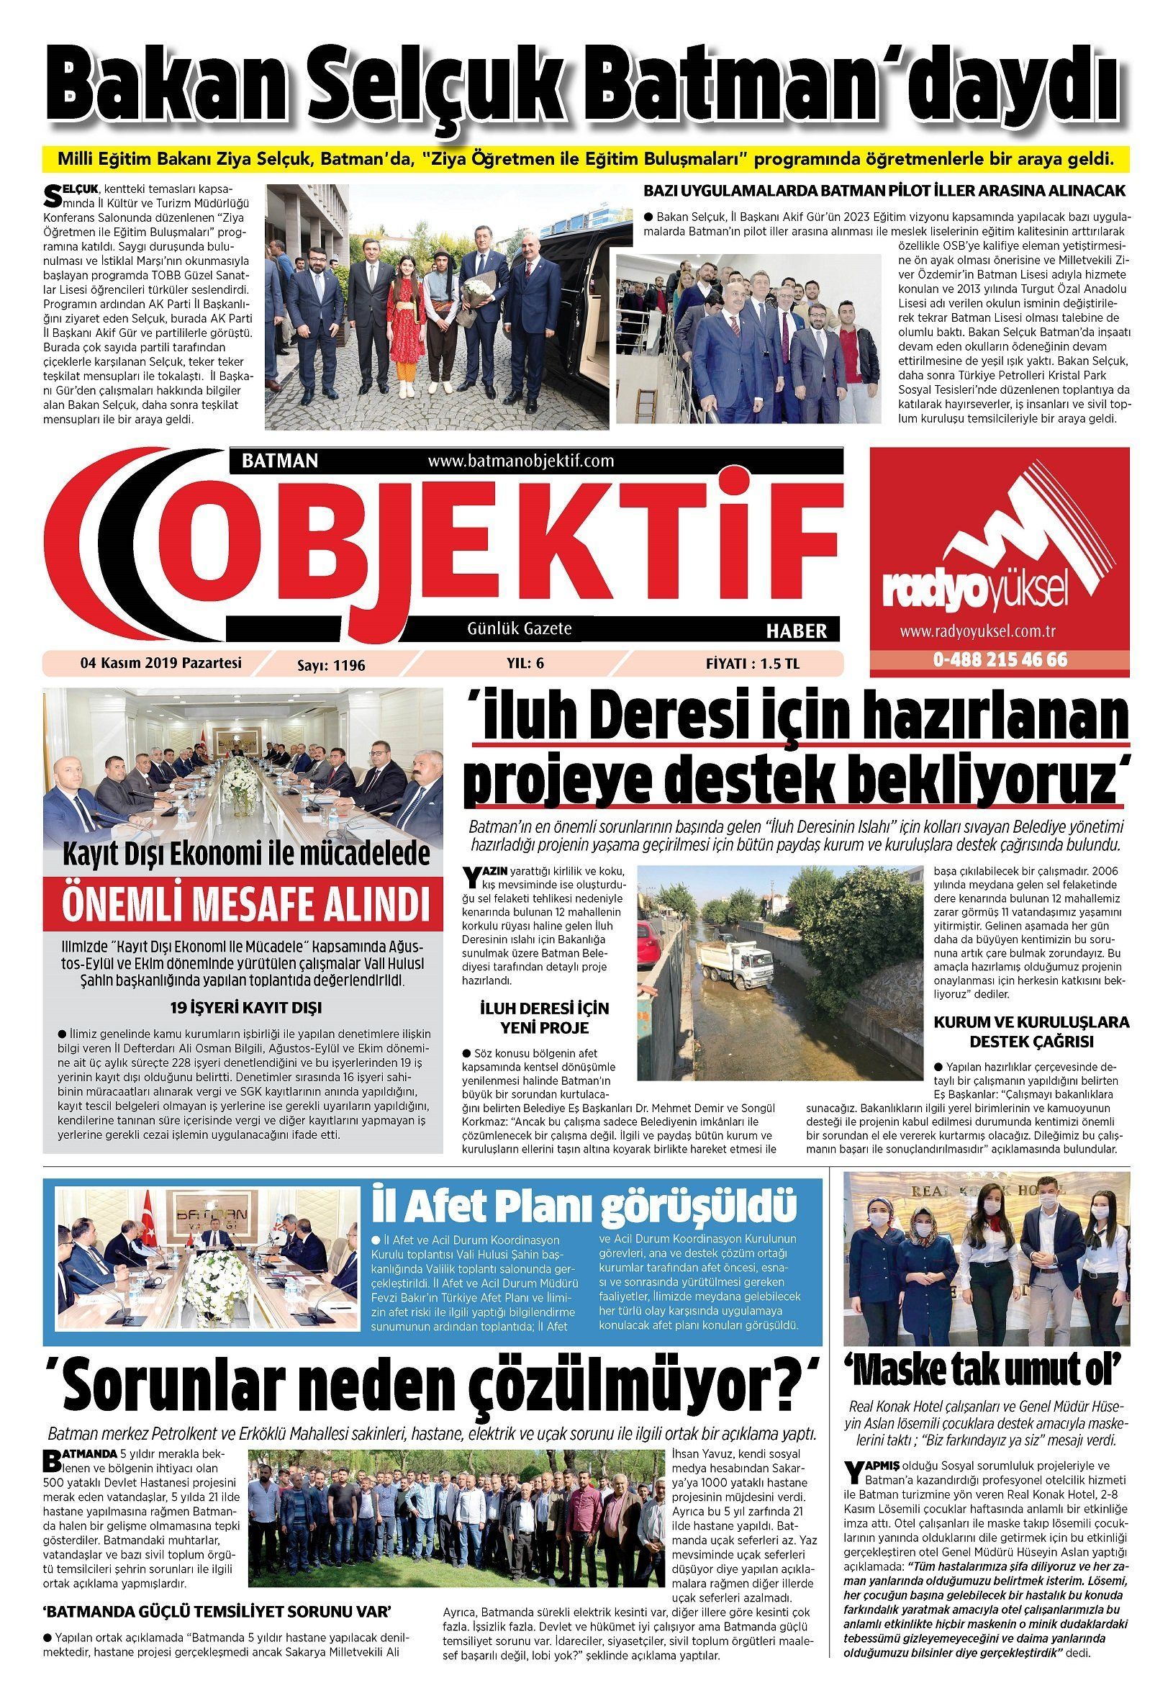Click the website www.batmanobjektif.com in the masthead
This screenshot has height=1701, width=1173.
pos(520,461)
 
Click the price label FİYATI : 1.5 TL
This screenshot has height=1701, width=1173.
pos(752,664)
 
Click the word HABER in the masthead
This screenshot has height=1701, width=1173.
pos(796,631)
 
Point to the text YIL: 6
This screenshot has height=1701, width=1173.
pos(525,663)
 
